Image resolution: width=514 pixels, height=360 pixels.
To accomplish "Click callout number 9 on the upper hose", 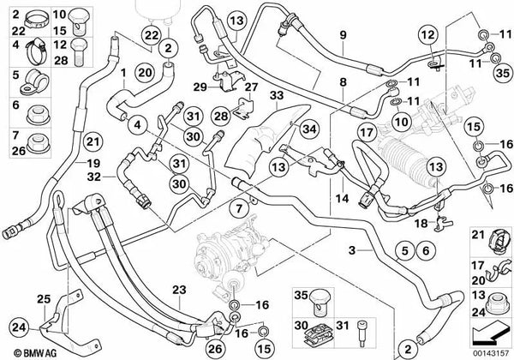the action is [342, 36].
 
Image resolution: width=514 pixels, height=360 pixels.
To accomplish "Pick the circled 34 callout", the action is [306, 129].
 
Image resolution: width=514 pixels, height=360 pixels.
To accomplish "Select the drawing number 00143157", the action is [488, 352].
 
